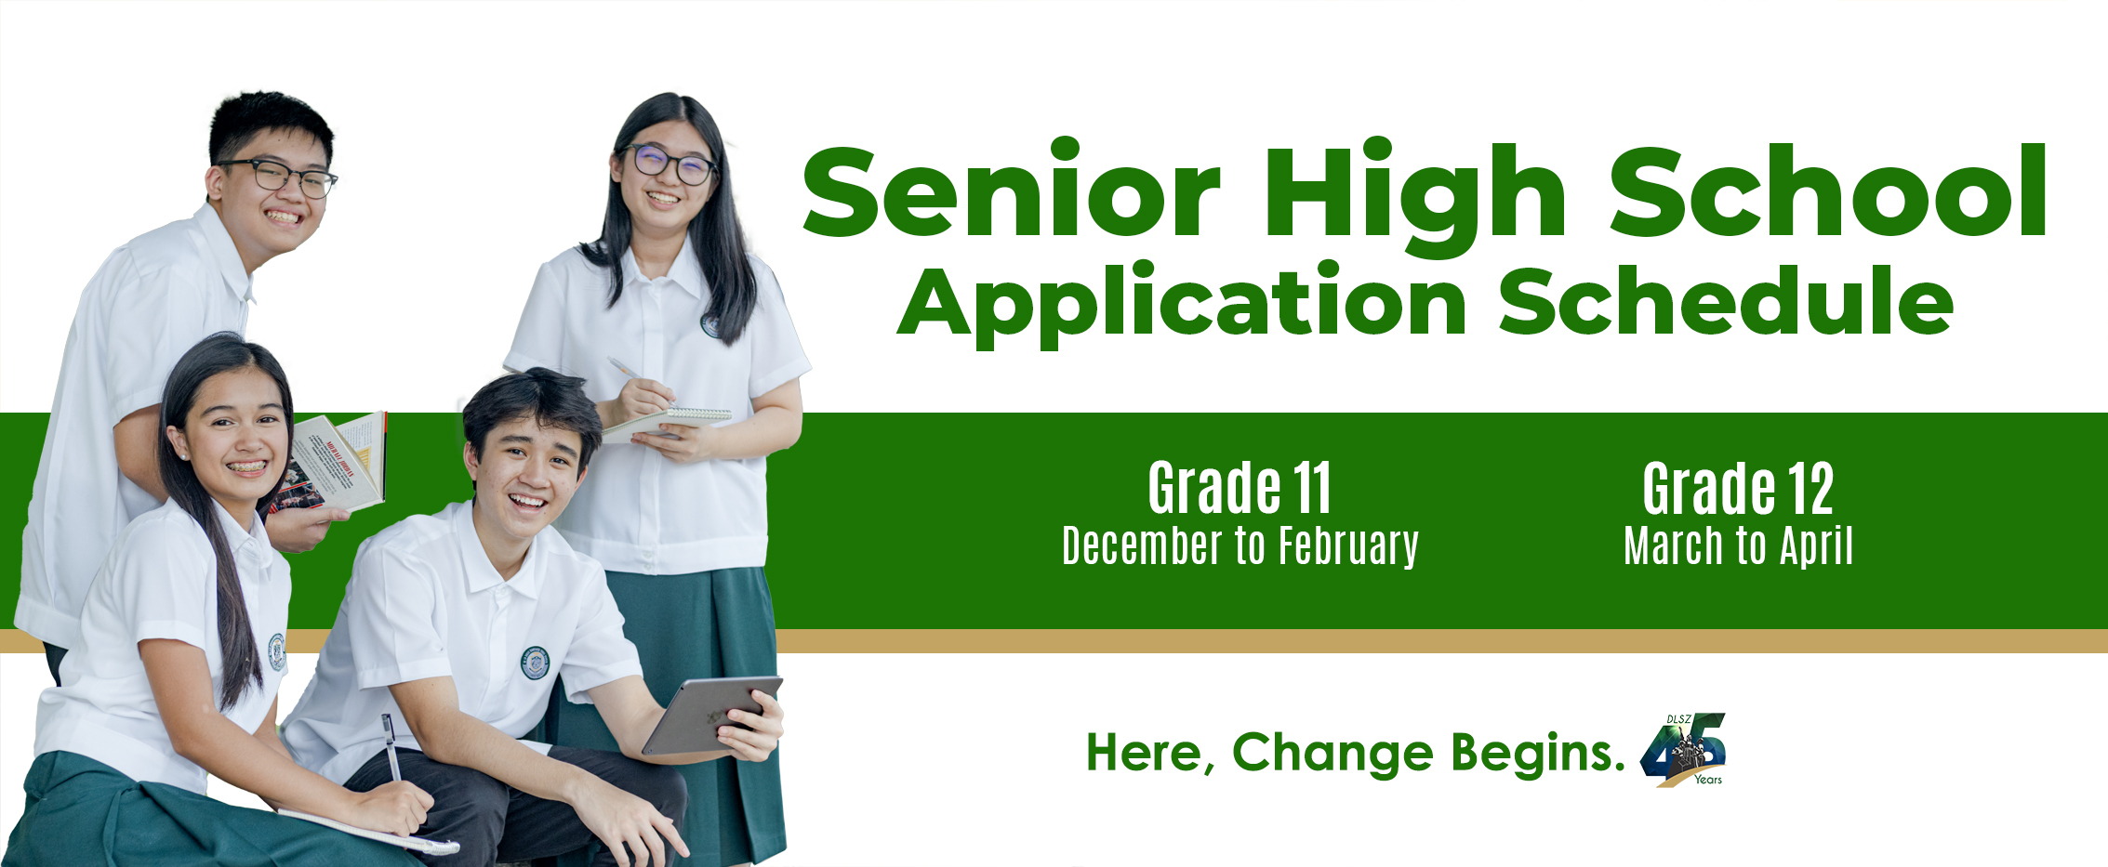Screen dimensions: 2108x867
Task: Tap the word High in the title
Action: tap(1414, 199)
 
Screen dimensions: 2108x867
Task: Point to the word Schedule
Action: tap(1726, 300)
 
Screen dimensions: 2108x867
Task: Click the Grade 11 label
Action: tap(1240, 488)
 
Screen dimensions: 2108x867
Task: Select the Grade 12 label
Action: tap(1738, 488)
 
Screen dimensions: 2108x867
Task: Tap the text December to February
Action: tap(1240, 546)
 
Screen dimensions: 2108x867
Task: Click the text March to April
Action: tap(1738, 546)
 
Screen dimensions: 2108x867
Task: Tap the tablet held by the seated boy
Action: tap(711, 715)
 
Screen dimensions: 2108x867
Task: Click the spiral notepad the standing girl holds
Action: tap(665, 423)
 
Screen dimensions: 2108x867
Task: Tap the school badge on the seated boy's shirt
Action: tap(535, 663)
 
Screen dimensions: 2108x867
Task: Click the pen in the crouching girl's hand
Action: tap(391, 746)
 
